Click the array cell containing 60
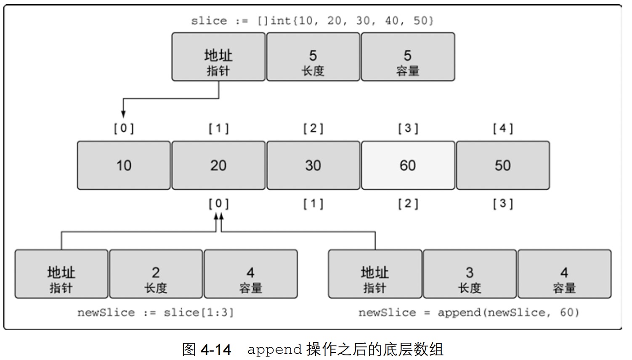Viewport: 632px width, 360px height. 408,165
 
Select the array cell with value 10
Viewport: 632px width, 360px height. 124,165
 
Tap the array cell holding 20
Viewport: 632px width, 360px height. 218,165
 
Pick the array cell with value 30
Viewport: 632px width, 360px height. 313,165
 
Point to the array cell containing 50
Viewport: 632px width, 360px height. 503,165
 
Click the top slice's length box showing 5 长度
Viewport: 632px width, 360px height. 313,57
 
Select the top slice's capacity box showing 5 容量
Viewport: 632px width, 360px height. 408,57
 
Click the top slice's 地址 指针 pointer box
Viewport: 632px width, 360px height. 218,57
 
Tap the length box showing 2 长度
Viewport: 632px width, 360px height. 156,274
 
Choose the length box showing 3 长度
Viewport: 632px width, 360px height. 470,274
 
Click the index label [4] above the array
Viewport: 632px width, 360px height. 503,128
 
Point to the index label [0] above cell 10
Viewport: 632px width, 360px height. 124,128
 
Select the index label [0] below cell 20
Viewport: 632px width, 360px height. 219,204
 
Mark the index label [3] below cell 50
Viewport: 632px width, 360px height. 503,204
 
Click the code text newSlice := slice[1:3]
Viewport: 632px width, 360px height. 155,312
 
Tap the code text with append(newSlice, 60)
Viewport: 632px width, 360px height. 469,312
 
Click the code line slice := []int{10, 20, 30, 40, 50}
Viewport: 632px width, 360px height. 312,21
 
